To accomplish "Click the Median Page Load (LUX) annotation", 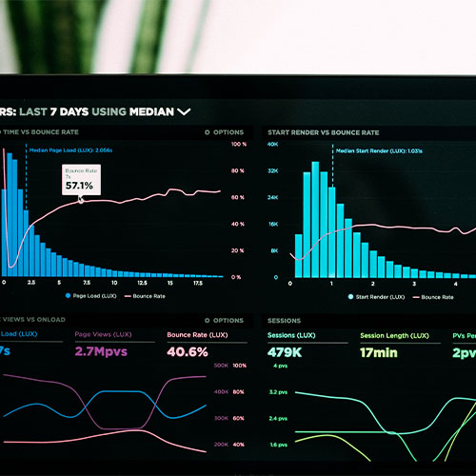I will pos(71,150).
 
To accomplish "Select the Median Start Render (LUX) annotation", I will pos(379,150).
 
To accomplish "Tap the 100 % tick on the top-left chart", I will pos(239,145).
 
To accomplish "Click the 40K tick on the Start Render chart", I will pos(271,145).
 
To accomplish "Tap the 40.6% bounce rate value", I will pos(188,352).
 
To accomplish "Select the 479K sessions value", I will pos(287,352).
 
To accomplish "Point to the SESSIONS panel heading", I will pos(285,321).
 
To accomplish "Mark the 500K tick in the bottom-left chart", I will pos(220,366).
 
